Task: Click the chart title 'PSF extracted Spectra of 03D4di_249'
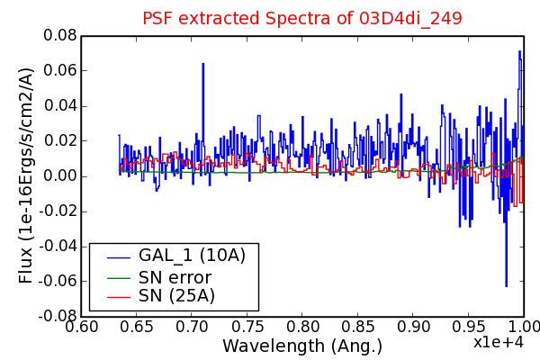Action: click(x=302, y=19)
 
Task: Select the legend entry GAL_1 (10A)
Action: click(x=192, y=256)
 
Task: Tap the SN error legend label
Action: click(x=175, y=278)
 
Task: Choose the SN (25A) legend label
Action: click(x=176, y=295)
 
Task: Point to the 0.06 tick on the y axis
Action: click(x=60, y=70)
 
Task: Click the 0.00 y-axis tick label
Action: click(x=60, y=176)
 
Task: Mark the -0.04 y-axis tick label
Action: click(x=58, y=247)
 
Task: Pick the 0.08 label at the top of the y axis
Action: click(x=60, y=35)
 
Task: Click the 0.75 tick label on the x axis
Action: click(x=247, y=327)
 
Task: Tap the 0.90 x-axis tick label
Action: click(x=413, y=327)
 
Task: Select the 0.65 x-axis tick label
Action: click(x=137, y=327)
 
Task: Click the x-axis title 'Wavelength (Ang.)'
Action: click(x=302, y=346)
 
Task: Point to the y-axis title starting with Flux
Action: click(x=26, y=175)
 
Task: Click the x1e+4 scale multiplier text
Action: click(x=499, y=342)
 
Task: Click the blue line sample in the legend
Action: click(x=119, y=257)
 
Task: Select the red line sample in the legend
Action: click(x=119, y=297)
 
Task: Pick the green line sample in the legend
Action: click(x=119, y=278)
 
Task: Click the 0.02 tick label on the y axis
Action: click(x=60, y=141)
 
